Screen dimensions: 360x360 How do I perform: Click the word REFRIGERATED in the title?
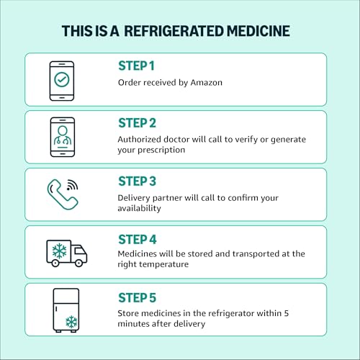174,31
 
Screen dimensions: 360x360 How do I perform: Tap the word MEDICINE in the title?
258,31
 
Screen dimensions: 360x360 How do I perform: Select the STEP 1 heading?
136,66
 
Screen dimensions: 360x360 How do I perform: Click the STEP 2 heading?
137,123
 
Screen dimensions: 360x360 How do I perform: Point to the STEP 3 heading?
137,181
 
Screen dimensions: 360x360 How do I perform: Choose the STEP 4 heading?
138,239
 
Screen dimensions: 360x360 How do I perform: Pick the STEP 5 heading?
137,297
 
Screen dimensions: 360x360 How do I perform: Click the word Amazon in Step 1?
207,83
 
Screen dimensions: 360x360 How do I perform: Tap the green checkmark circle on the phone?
62,79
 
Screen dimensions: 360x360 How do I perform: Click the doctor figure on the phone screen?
63,136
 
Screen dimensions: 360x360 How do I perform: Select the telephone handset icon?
62,196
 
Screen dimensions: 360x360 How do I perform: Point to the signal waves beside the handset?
72,184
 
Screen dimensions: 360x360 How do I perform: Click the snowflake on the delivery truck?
60,251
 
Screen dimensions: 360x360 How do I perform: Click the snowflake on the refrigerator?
71,322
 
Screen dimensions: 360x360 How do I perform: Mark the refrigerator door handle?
56,309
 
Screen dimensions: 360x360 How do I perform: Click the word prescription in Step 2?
161,150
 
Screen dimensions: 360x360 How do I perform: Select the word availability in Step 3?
139,208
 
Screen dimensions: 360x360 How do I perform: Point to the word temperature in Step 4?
164,264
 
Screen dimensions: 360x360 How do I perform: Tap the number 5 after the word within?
287,313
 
